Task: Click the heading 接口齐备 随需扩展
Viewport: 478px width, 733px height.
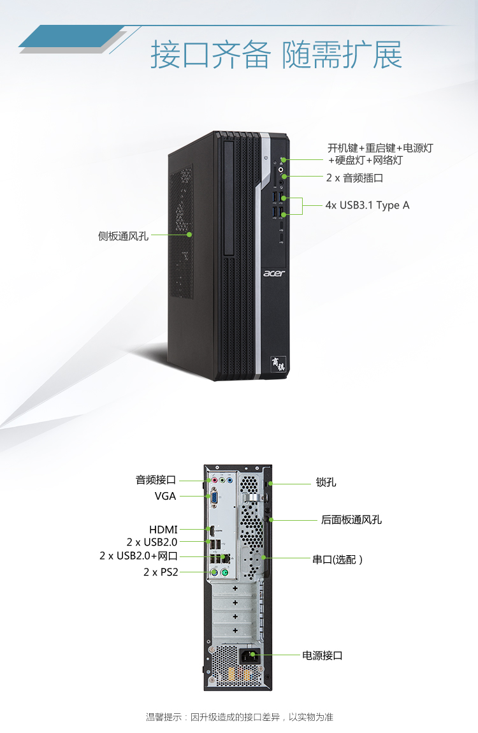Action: pyautogui.click(x=276, y=55)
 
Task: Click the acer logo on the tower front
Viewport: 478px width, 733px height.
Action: pyautogui.click(x=273, y=273)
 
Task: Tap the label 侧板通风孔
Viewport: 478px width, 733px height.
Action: pyautogui.click(x=124, y=236)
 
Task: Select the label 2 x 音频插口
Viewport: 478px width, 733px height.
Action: pyautogui.click(x=354, y=178)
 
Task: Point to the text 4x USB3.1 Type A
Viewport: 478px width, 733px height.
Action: pyautogui.click(x=367, y=205)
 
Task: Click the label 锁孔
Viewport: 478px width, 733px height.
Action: pyautogui.click(x=326, y=482)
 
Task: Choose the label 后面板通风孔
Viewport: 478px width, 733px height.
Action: pyautogui.click(x=351, y=519)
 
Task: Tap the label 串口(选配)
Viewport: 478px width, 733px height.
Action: pyautogui.click(x=337, y=559)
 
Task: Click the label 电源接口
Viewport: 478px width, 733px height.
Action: pyautogui.click(x=322, y=655)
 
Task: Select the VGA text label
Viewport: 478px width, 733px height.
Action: pyautogui.click(x=166, y=496)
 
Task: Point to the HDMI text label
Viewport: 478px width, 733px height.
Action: pyautogui.click(x=164, y=530)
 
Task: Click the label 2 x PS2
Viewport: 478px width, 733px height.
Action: pyautogui.click(x=161, y=572)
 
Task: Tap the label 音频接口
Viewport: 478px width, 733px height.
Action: pyautogui.click(x=156, y=479)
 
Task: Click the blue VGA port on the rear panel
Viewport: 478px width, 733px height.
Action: pyautogui.click(x=213, y=497)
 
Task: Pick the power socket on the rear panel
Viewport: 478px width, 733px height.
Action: pyautogui.click(x=249, y=657)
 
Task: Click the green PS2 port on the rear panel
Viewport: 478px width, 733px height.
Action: pyautogui.click(x=224, y=572)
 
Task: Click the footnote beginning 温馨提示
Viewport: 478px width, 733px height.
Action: pyautogui.click(x=239, y=717)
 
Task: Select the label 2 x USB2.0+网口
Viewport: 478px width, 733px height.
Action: pyautogui.click(x=139, y=555)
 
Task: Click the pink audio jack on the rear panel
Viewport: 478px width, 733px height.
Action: pyautogui.click(x=215, y=479)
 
